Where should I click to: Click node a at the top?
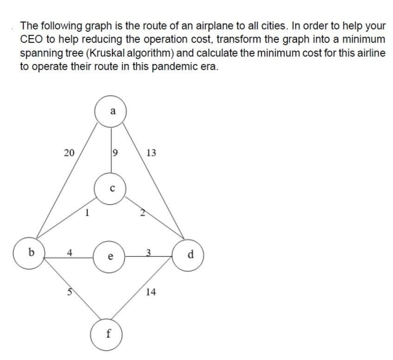[111, 112]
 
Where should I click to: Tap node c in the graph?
[111, 188]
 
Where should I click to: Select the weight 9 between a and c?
[114, 153]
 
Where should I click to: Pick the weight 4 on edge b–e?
[70, 251]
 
